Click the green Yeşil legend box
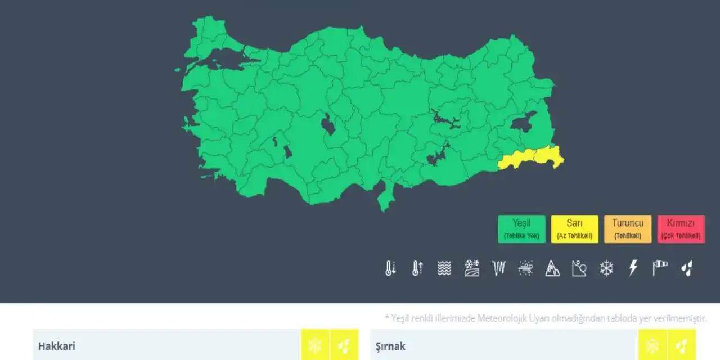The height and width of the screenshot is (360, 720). (x=521, y=229)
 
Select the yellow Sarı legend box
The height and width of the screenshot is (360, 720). (x=574, y=229)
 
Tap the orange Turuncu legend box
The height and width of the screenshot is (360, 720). (x=628, y=229)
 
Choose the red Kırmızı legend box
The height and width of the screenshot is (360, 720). (x=681, y=229)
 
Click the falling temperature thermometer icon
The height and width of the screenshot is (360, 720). (x=390, y=268)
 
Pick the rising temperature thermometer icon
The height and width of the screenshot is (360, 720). (x=417, y=268)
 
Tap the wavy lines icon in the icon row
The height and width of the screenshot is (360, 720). (x=444, y=268)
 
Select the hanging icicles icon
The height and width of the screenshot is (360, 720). (x=498, y=268)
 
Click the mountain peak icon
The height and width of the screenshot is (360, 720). (x=552, y=268)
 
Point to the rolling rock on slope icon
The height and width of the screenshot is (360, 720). (x=579, y=268)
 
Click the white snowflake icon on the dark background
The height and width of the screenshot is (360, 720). (x=606, y=268)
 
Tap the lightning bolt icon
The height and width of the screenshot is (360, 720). (x=633, y=268)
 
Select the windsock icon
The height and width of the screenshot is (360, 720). (x=660, y=267)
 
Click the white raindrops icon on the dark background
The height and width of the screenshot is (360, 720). (x=686, y=268)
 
